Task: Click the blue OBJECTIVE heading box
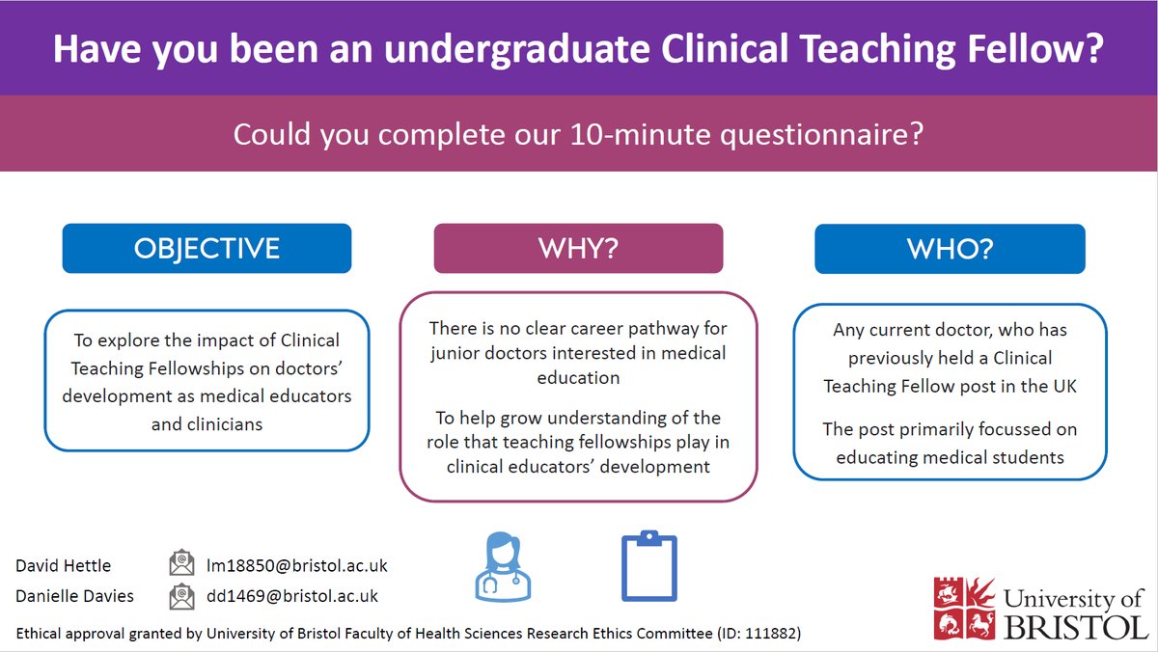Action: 207,248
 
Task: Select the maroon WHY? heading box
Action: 578,248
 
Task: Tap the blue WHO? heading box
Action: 950,248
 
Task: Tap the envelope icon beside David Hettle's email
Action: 181,564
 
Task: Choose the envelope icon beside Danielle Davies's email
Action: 181,596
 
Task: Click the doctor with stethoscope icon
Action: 503,566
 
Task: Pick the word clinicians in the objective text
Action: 207,423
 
